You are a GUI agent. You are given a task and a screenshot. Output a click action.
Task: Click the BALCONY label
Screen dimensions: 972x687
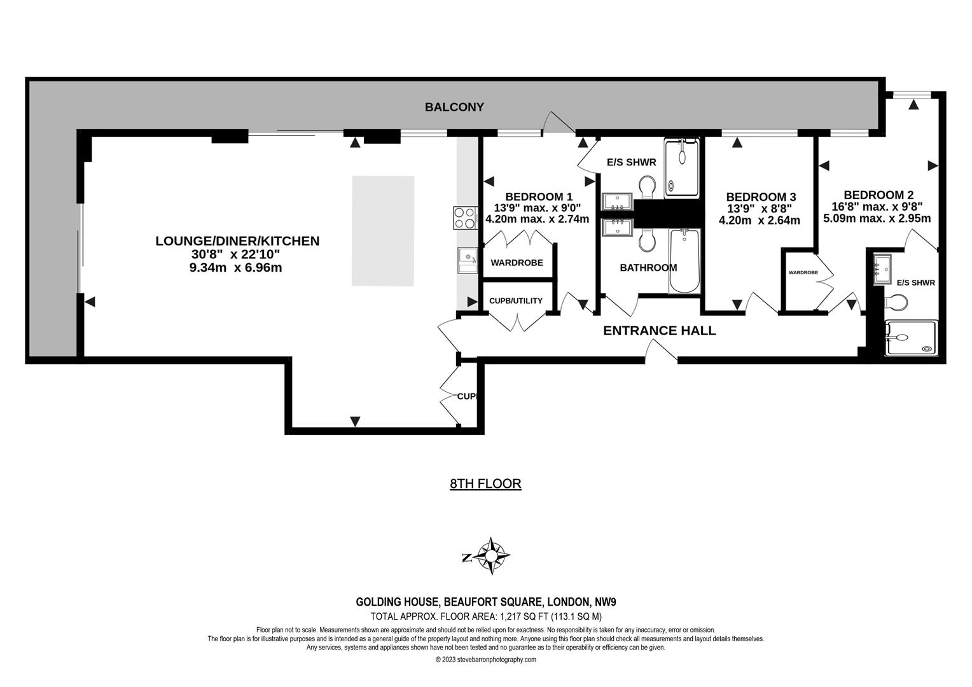tap(454, 108)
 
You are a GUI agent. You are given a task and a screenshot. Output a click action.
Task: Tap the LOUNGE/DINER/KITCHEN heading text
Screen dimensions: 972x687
tap(237, 241)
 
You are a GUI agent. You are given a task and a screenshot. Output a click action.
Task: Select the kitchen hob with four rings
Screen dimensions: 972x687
tap(466, 218)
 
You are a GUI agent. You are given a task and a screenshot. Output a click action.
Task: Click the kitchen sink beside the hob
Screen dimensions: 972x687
tap(468, 260)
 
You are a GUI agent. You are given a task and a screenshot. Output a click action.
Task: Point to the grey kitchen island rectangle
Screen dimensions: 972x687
tap(383, 231)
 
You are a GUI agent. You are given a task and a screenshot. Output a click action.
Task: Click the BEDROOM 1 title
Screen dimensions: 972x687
tap(539, 197)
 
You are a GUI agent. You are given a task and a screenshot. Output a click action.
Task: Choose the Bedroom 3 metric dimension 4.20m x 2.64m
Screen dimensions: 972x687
tap(759, 221)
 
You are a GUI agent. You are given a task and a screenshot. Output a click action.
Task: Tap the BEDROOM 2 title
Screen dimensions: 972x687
tap(878, 195)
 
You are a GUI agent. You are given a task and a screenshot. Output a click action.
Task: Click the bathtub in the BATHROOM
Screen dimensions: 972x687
tap(684, 261)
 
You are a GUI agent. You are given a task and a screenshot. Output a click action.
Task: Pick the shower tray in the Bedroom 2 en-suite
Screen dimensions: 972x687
tap(910, 338)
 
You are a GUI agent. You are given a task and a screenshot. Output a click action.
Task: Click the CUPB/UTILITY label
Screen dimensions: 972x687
tap(515, 301)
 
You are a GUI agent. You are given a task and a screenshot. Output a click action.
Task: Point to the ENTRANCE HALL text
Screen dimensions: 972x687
tap(659, 331)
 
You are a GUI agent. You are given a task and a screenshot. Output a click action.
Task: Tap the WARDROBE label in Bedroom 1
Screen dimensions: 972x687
tap(517, 263)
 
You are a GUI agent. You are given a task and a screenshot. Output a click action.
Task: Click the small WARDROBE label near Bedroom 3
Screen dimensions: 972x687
tap(803, 272)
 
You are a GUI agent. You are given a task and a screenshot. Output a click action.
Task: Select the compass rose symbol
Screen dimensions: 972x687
tap(491, 555)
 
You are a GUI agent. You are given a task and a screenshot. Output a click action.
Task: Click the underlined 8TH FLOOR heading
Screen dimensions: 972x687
tap(485, 483)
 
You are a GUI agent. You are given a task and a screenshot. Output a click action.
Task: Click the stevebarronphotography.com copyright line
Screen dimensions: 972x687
tap(485, 660)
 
